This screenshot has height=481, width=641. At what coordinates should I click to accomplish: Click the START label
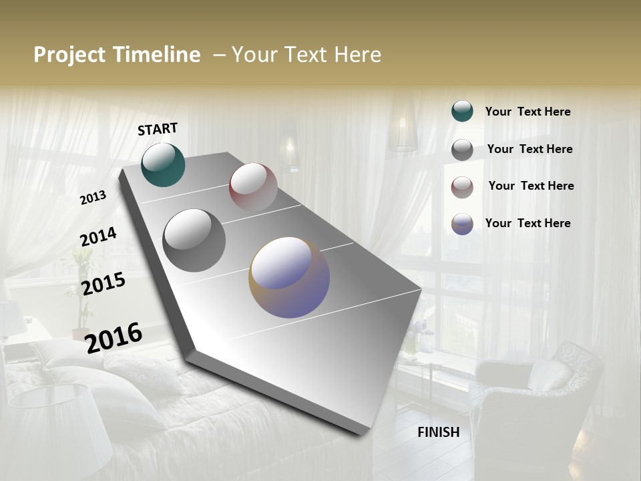coord(158,129)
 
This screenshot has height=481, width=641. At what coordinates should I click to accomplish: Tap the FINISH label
coord(439,432)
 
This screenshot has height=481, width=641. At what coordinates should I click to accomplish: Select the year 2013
coord(93,198)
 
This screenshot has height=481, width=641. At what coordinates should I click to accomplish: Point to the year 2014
coord(98,237)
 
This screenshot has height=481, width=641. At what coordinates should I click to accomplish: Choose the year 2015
coord(103,284)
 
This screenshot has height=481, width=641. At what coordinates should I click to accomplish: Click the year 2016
coord(114,337)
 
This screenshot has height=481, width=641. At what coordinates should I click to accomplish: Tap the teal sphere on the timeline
coord(163,164)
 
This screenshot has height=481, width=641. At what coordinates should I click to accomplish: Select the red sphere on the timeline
coord(253,187)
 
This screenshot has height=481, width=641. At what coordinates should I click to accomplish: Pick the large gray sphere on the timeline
coord(194,240)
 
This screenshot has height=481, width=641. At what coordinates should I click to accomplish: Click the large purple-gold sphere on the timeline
coord(289,277)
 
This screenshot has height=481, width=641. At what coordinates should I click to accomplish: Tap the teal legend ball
coord(462,111)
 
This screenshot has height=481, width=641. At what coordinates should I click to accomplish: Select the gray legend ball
coord(462,150)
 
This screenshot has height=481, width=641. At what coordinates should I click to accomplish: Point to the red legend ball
coord(462,187)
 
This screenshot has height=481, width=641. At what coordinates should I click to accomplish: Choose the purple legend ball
coord(462,224)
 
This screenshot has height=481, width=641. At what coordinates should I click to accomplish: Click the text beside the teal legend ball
coord(527,112)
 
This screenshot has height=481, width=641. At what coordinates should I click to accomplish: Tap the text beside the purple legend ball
coord(527,223)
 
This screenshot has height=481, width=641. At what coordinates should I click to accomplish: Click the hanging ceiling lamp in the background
coord(403,134)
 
